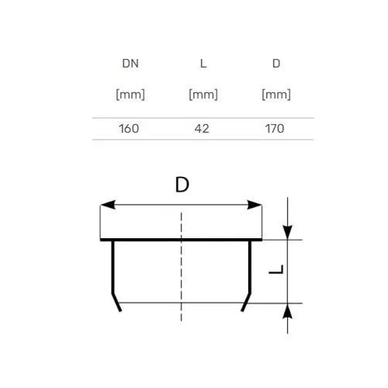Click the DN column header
(130, 64)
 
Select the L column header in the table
(203, 64)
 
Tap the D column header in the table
(276, 64)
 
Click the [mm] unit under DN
(130, 95)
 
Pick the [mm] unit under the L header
(203, 95)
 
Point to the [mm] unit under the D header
(276, 95)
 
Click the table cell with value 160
(129, 129)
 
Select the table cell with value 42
(202, 129)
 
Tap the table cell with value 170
(275, 129)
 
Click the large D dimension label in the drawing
(182, 185)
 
